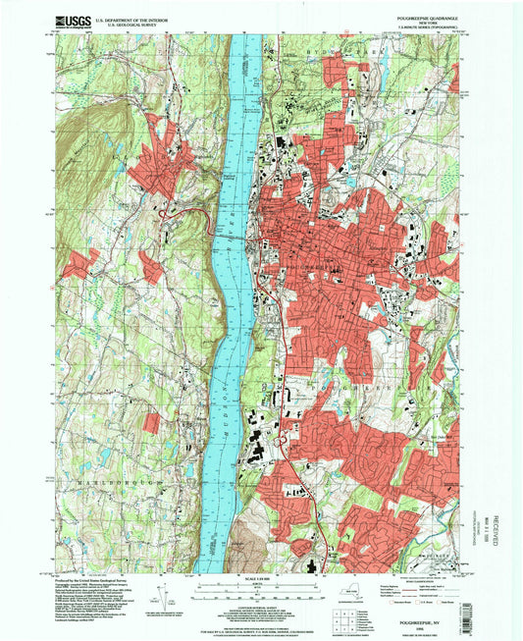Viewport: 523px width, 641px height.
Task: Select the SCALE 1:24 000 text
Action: tap(260, 581)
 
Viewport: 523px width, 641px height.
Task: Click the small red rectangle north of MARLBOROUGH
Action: tap(151, 423)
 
